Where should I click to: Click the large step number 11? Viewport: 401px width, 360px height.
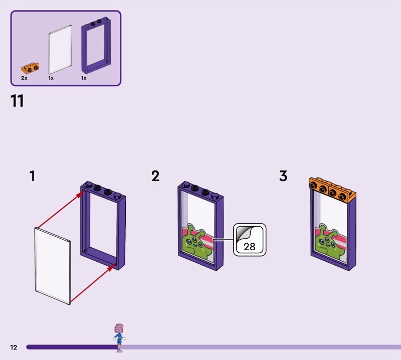[x=17, y=101]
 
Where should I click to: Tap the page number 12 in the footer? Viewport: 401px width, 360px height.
[x=14, y=347]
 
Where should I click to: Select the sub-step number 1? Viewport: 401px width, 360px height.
[x=32, y=176]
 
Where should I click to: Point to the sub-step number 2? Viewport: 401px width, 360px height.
[x=155, y=176]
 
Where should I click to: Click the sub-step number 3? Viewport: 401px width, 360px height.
[x=283, y=176]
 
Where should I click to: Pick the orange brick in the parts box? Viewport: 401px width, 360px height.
[x=30, y=67]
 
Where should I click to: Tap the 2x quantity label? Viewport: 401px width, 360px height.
[x=24, y=79]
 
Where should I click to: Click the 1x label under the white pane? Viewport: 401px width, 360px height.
[x=51, y=79]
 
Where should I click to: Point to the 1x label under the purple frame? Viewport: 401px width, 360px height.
[x=84, y=79]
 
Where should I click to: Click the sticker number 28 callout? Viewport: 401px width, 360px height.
[x=249, y=240]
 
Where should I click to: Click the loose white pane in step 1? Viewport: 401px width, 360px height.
[x=53, y=266]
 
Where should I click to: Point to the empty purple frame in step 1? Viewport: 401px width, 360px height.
[x=103, y=226]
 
